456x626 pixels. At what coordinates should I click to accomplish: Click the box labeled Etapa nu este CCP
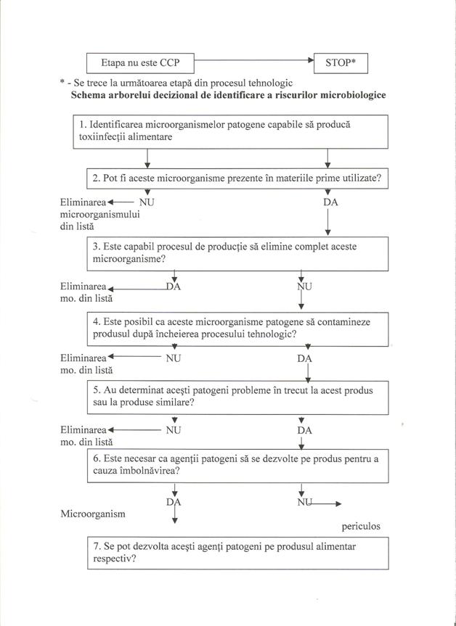coord(140,64)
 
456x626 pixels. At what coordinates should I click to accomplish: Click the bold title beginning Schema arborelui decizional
coord(229,95)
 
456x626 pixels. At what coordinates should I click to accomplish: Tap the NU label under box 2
coord(147,202)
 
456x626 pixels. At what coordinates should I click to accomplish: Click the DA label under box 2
coord(330,202)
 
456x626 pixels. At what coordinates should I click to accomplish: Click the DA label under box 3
coord(174,287)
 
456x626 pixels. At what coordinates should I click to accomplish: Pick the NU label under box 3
coord(304,287)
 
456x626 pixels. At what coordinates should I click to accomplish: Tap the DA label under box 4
coord(306,358)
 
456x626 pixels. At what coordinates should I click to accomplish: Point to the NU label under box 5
coord(174,429)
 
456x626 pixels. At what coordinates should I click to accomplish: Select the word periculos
coord(361,526)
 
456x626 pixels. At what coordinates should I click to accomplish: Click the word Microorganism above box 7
coord(93,514)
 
